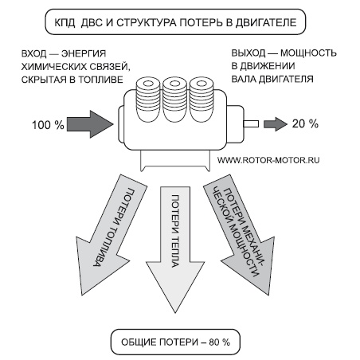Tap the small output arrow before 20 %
[x=274, y=123]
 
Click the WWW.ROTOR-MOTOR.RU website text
[x=268, y=159]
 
